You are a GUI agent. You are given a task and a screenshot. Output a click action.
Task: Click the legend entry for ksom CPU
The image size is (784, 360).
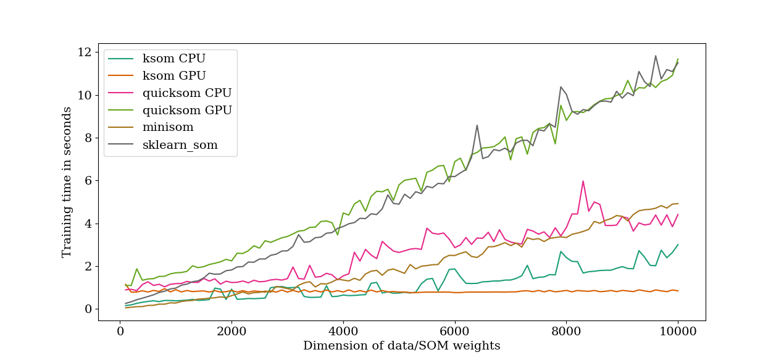click(174, 59)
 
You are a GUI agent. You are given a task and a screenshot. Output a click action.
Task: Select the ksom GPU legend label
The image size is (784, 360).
click(174, 76)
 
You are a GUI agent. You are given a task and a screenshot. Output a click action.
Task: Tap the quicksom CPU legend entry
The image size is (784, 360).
click(187, 93)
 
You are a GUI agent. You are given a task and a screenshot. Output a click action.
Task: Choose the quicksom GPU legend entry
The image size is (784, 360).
click(187, 111)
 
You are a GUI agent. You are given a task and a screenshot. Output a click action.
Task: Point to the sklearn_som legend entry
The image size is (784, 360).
click(180, 145)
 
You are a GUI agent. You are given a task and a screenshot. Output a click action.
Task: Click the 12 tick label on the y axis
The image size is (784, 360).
click(85, 52)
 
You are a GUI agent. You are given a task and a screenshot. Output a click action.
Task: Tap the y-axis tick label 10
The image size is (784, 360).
click(85, 95)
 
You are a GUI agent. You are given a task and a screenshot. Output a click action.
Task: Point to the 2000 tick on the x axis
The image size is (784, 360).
click(231, 331)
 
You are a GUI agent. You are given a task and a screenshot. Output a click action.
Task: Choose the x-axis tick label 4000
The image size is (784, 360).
click(343, 331)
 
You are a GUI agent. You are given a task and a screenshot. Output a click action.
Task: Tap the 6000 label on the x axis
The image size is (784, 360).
click(455, 331)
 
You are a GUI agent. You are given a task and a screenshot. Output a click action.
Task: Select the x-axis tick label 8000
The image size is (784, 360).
click(567, 331)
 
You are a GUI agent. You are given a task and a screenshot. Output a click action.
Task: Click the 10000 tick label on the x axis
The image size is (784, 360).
click(678, 331)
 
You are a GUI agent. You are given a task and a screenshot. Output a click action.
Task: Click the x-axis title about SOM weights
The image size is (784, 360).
click(401, 346)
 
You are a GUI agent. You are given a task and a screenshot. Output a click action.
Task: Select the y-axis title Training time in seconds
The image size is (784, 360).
click(67, 182)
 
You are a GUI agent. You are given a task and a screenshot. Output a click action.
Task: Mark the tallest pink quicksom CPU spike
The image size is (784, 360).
click(583, 181)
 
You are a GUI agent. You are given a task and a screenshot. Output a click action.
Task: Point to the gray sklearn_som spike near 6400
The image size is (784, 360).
click(477, 125)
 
